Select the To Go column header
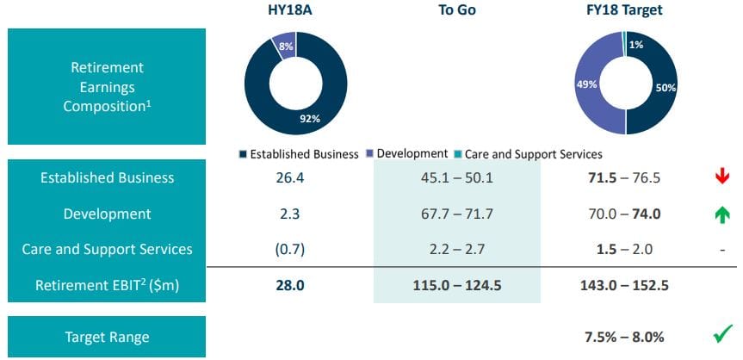tap(456, 11)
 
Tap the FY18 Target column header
tap(626, 11)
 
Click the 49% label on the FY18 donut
tap(585, 84)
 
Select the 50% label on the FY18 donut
tap(666, 88)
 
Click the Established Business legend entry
tap(298, 154)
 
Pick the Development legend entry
tap(406, 154)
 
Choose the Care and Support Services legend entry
tap(527, 154)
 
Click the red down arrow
tap(722, 177)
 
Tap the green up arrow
tap(722, 214)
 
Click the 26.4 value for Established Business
tap(294, 177)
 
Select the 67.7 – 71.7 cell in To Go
tap(456, 214)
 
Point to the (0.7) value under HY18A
tap(294, 250)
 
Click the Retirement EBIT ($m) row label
tap(107, 285)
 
